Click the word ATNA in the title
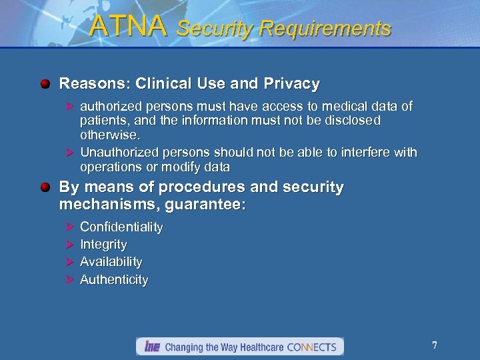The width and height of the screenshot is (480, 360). pyautogui.click(x=127, y=27)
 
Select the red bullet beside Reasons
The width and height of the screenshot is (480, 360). pyautogui.click(x=45, y=84)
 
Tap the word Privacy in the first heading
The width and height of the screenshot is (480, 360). pyautogui.click(x=291, y=84)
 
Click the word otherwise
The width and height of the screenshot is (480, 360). pyautogui.click(x=110, y=135)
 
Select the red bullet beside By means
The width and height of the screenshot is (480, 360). pyautogui.click(x=45, y=187)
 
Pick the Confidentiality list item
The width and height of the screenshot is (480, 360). pyautogui.click(x=121, y=227)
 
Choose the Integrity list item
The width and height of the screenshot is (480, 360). pyautogui.click(x=103, y=245)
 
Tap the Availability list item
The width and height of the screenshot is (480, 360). pyautogui.click(x=111, y=262)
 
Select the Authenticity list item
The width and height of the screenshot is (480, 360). pyautogui.click(x=114, y=280)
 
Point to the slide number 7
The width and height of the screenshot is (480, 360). pyautogui.click(x=435, y=345)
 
